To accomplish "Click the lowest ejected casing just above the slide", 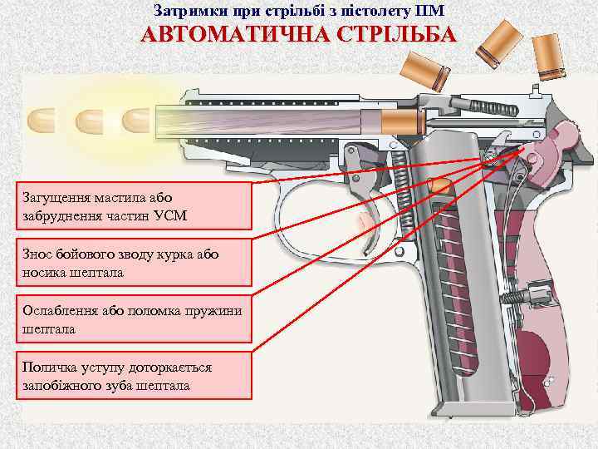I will click(426, 70).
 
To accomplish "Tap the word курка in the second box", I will click(179, 254).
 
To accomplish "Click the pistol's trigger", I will click(366, 215).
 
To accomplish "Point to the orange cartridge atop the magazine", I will click(443, 185).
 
